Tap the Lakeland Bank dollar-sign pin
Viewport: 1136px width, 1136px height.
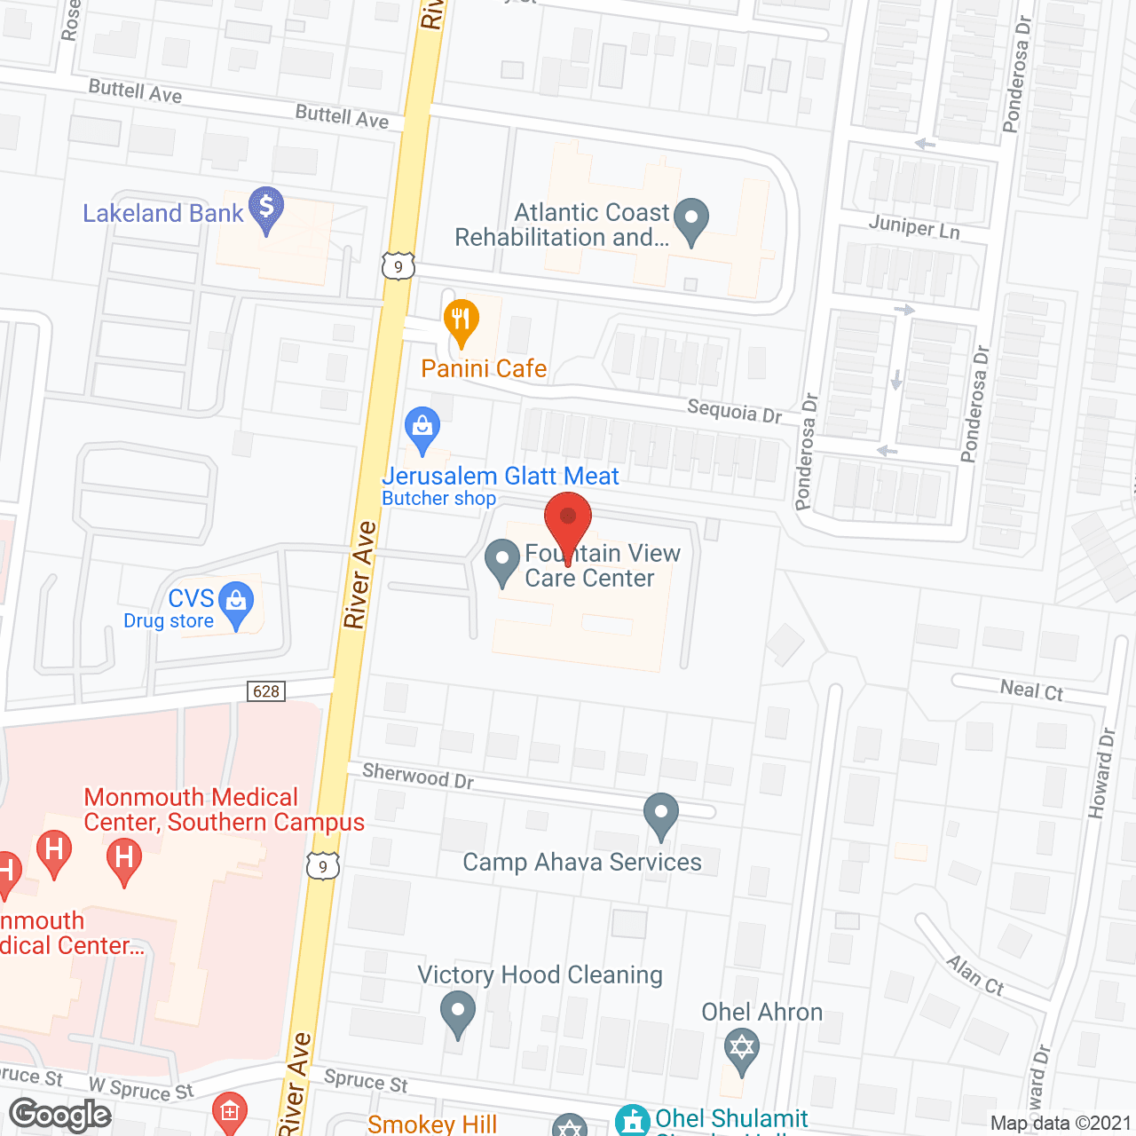point(266,209)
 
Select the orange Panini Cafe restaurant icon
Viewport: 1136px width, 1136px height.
point(461,323)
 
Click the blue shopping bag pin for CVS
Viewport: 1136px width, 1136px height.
point(236,604)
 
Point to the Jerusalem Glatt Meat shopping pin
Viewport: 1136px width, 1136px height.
point(422,430)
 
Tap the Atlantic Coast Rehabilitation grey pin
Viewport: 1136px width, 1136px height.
point(691,220)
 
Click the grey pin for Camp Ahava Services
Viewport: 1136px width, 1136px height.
point(660,815)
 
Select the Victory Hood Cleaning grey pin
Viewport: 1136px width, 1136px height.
point(458,1013)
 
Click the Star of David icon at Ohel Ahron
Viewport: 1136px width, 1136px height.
point(741,1049)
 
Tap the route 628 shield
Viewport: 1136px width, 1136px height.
point(266,691)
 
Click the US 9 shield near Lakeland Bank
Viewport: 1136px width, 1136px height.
point(398,266)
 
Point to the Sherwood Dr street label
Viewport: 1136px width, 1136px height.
point(418,777)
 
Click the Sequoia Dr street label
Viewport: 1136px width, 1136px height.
point(735,412)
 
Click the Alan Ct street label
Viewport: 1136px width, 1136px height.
point(974,974)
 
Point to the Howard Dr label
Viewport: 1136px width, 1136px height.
point(1101,773)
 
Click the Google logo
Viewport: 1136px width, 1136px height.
point(60,1115)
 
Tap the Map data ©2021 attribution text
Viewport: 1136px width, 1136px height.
point(1061,1123)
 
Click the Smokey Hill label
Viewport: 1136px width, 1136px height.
point(432,1124)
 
